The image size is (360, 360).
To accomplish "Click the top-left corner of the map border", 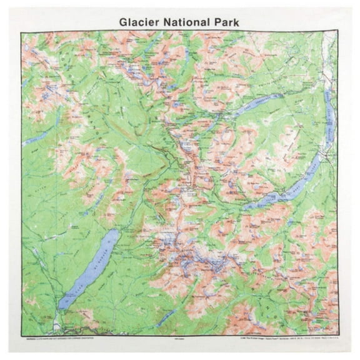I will pyautogui.click(x=21, y=31).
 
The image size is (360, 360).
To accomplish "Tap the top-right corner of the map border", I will pyautogui.click(x=338, y=31).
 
